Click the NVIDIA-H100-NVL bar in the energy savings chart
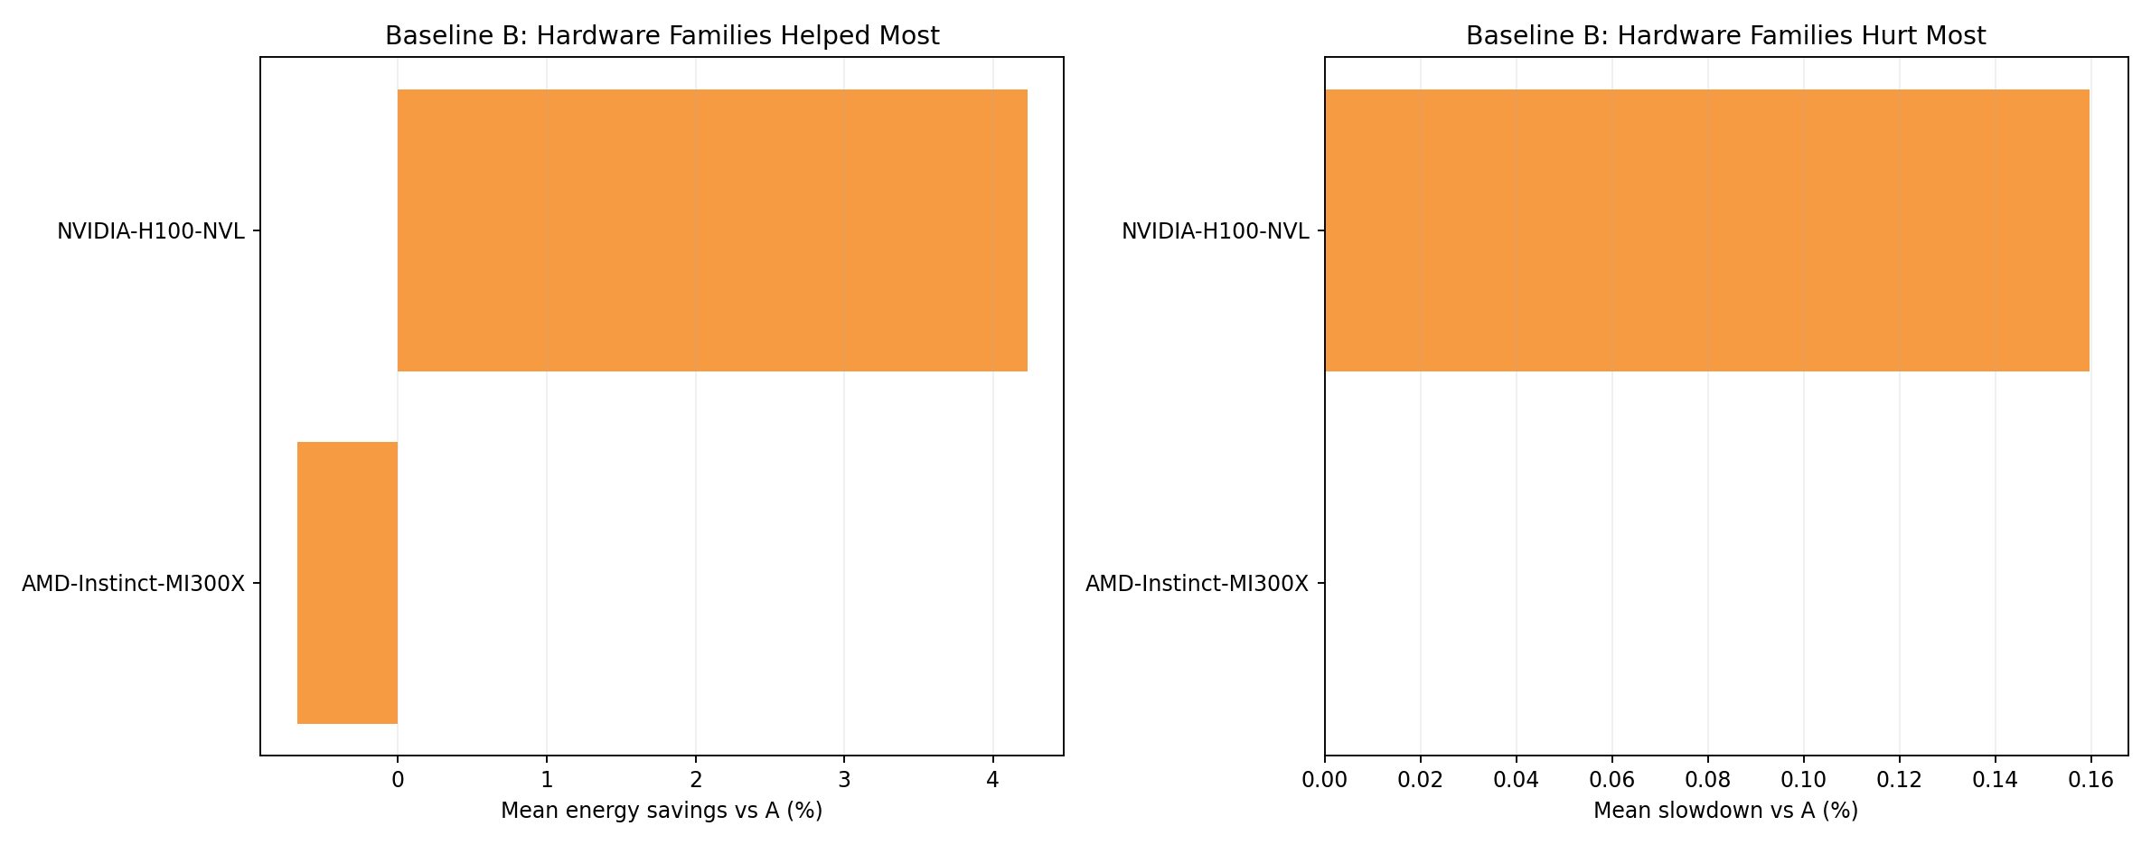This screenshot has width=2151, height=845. tap(712, 230)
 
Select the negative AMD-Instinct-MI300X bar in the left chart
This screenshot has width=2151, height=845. tap(347, 583)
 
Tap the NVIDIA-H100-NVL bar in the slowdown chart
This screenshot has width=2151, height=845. tap(1706, 230)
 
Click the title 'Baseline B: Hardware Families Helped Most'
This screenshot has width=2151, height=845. tap(662, 36)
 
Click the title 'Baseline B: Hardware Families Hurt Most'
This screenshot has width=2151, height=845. tap(1725, 36)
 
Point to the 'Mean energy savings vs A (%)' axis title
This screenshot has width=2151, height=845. tap(662, 811)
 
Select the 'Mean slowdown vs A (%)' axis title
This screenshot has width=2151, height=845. tap(1725, 811)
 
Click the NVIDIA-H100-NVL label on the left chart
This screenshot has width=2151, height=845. tap(151, 231)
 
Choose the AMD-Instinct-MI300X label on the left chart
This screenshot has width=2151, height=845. tap(133, 584)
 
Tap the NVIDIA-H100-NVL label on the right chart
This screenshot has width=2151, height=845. tap(1215, 231)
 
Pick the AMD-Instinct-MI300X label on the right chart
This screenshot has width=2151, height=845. tap(1197, 584)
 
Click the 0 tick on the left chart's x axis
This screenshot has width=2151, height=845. tap(398, 779)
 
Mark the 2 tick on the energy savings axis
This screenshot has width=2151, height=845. tap(696, 779)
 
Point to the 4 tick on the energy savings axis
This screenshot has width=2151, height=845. tap(993, 779)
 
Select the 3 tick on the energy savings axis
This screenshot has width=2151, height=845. tap(844, 779)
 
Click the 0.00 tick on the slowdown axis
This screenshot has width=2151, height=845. tap(1325, 779)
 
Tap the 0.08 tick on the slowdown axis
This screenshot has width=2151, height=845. tap(1708, 779)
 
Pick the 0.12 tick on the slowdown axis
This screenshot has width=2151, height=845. tap(1899, 779)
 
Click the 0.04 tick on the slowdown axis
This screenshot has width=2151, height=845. tap(1517, 779)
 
